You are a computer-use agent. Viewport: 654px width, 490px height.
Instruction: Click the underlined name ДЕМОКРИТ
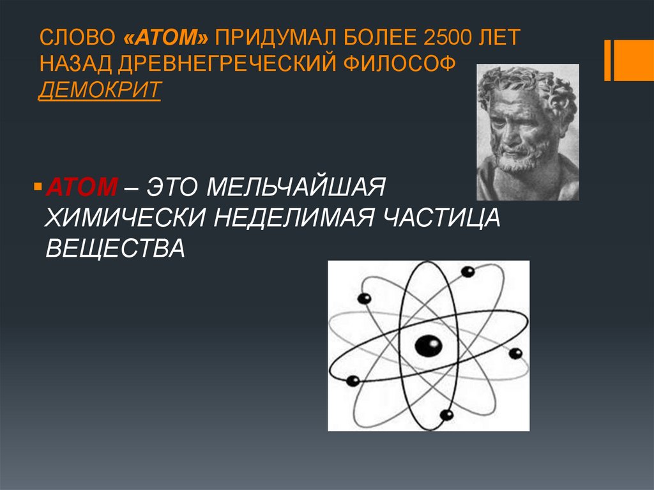click(99, 90)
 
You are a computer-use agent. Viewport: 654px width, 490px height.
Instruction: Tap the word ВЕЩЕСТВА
click(115, 248)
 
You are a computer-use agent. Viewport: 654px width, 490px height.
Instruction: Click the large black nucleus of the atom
click(428, 346)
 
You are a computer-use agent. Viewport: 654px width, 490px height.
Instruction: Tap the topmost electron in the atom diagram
click(468, 272)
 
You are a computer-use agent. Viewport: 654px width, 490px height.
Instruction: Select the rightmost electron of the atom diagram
click(515, 353)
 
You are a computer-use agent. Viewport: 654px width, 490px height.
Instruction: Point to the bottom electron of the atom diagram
click(446, 415)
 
